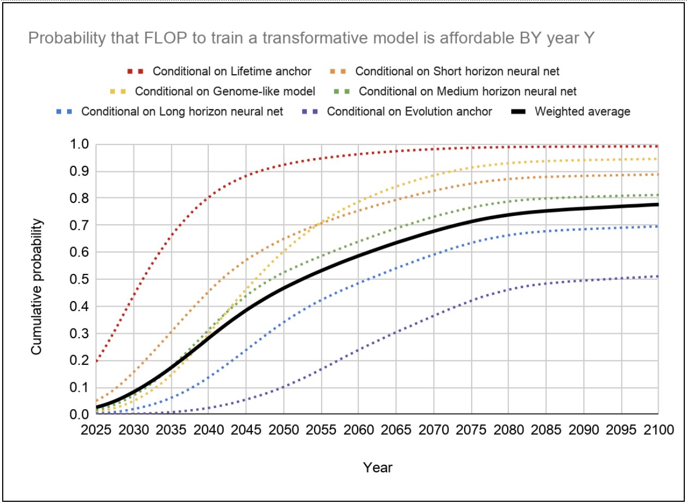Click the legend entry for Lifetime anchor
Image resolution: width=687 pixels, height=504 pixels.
(x=232, y=71)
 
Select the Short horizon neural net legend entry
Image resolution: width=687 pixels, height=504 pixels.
(x=457, y=71)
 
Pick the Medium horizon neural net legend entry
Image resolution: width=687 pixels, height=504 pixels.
(x=467, y=91)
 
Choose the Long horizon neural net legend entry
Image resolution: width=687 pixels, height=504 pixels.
(x=182, y=111)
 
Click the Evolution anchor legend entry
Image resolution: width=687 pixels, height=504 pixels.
(x=409, y=111)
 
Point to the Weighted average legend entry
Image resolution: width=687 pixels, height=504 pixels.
(x=582, y=111)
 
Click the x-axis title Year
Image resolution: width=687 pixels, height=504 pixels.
(x=377, y=467)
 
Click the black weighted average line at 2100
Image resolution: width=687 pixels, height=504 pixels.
(x=658, y=205)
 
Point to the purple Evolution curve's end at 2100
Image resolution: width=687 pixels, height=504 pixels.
(x=658, y=277)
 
